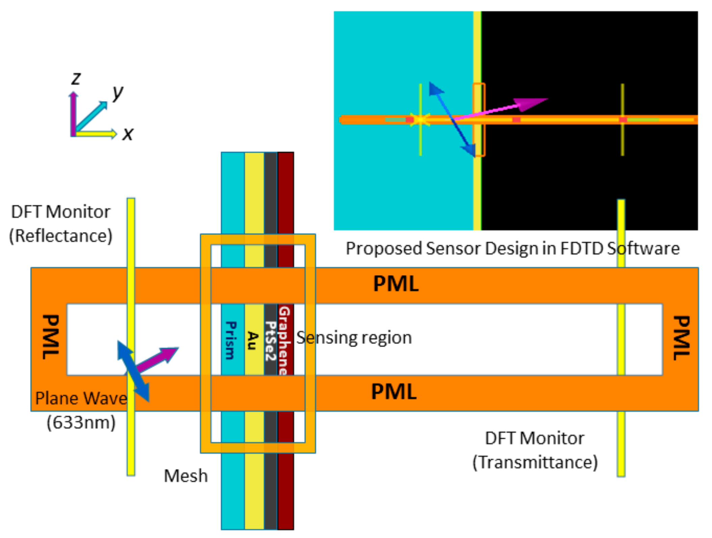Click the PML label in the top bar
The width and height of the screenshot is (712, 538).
(396, 284)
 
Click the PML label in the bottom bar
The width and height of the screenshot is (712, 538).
(393, 392)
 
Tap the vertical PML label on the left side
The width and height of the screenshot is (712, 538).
(51, 337)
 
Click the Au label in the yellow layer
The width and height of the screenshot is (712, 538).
(253, 340)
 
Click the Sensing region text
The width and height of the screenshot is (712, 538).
(354, 338)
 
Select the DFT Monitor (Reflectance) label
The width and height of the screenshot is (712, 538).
(60, 224)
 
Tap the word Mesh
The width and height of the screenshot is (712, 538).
(185, 476)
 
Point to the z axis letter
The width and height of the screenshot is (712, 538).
(76, 78)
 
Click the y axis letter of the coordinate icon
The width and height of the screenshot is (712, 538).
(118, 92)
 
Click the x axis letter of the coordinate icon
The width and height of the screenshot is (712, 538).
(128, 134)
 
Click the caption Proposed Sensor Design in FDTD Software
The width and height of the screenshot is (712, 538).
(512, 249)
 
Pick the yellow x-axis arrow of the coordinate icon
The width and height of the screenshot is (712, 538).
(96, 134)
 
